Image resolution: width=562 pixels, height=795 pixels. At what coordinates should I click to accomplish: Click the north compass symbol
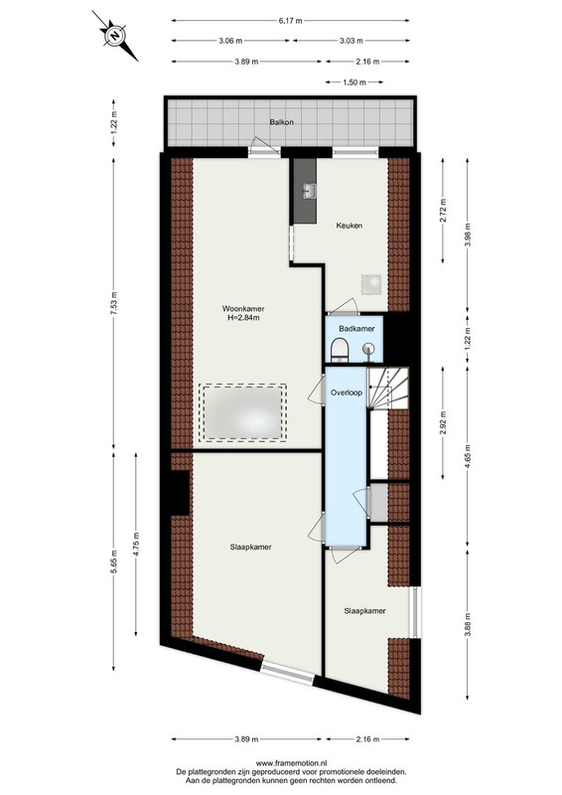pos(115,36)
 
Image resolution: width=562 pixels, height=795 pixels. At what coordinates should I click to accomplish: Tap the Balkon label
pos(282,122)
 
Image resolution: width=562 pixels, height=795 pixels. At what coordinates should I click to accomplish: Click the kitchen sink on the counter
pos(310,191)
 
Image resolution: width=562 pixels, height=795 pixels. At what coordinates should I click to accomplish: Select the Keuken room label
pos(350,226)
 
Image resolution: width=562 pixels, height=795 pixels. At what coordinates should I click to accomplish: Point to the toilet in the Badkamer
pos(338,351)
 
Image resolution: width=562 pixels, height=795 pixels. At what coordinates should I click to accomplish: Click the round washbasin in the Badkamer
pos(370,349)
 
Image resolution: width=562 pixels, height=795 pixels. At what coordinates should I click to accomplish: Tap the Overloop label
pos(347,393)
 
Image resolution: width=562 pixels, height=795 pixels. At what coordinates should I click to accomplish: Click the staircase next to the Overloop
pos(387,388)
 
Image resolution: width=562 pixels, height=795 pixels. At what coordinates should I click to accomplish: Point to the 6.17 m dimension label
pos(290,21)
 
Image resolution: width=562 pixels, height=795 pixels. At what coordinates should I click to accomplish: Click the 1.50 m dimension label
pos(353,82)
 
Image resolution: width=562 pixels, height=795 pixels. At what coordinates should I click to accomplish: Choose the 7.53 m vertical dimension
pos(114,304)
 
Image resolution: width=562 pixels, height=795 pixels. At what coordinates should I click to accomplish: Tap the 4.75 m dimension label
pos(136,544)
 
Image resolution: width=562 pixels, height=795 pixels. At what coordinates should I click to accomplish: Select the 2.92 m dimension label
pos(444,423)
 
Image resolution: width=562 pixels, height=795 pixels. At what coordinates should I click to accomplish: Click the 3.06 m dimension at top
pos(230,41)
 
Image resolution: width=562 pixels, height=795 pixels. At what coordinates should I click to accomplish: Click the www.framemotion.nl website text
pos(291,762)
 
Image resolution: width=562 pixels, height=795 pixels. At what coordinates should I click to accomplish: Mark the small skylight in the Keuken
pos(371,284)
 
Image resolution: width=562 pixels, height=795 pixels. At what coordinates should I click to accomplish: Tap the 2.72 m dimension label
pos(444,211)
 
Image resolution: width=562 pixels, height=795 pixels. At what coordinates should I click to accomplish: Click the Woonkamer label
pos(243,308)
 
